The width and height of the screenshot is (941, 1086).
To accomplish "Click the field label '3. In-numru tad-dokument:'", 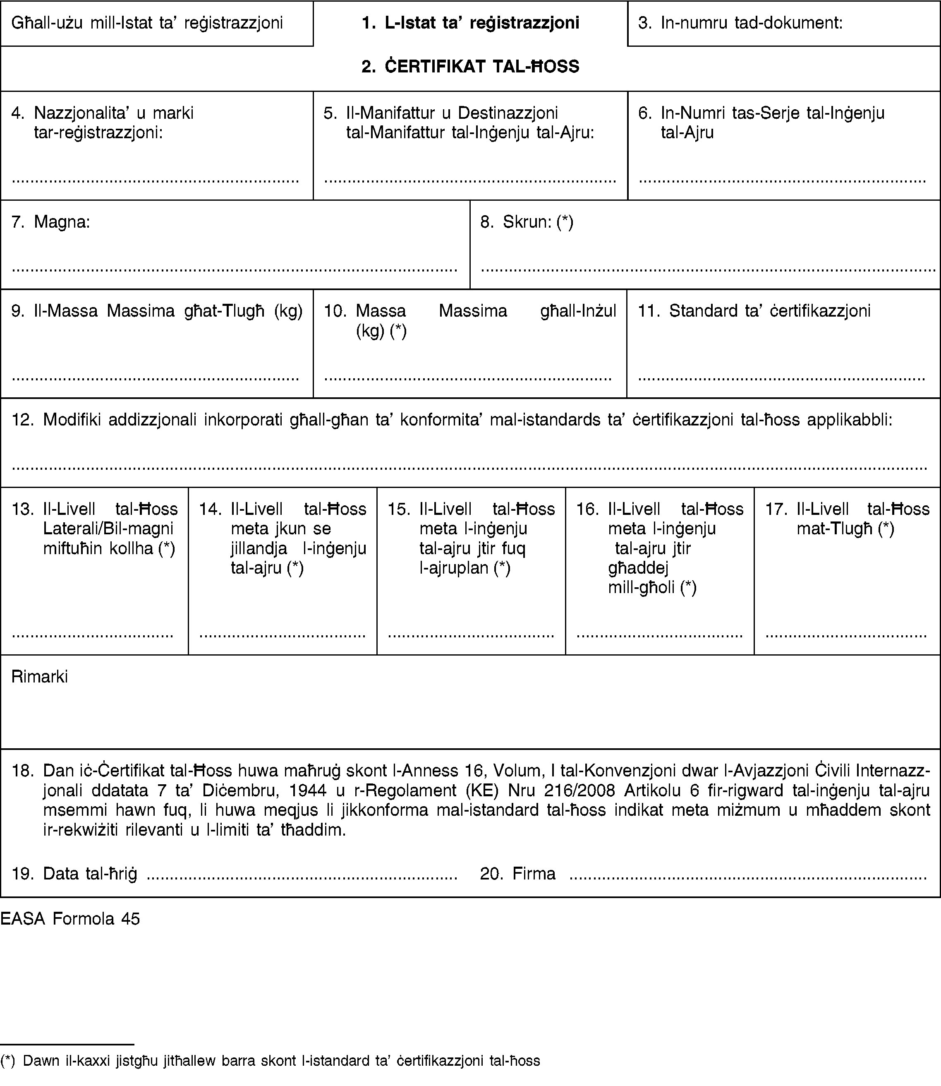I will coord(740,23).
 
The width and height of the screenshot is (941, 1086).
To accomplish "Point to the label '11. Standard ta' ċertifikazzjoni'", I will coord(754,311).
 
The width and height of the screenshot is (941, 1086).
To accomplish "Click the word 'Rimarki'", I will coord(40,677).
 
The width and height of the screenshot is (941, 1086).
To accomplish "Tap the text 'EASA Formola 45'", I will coord(70,918).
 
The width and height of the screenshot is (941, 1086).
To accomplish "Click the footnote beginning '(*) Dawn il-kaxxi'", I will coord(271,1061).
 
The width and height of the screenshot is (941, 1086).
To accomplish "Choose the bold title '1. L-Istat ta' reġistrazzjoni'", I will coord(471,23).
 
